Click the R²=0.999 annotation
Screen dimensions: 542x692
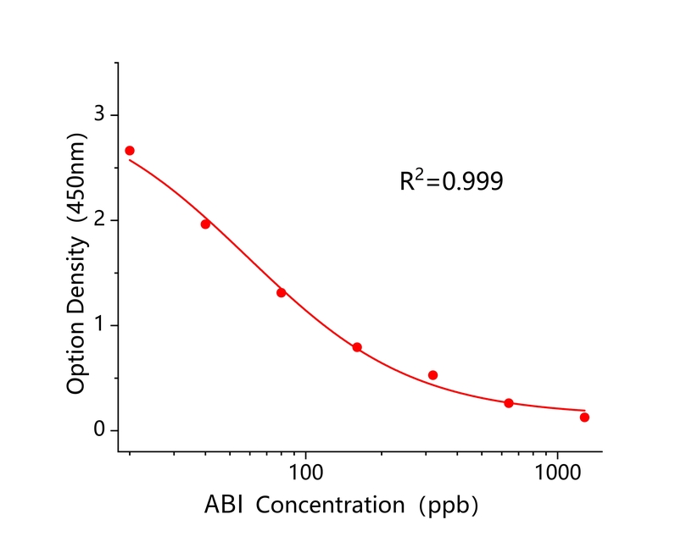pos(451,180)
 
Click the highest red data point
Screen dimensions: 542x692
pos(130,151)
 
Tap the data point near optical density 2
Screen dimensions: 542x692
pos(205,224)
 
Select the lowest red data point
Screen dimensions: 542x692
pos(584,417)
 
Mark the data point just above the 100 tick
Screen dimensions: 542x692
pos(357,347)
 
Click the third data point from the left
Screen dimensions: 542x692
pos(281,292)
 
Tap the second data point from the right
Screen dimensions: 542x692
pos(509,403)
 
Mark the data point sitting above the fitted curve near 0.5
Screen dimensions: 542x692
pos(432,375)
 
